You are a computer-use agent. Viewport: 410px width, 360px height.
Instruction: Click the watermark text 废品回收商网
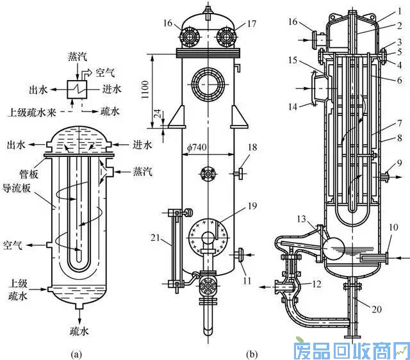point(350,350)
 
